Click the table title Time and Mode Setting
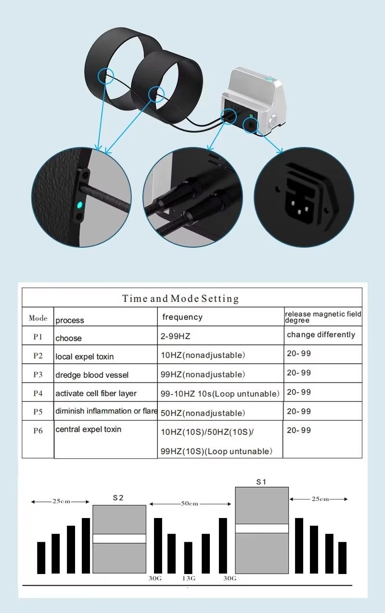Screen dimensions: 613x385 pos(180,298)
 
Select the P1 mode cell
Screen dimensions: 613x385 pos(38,337)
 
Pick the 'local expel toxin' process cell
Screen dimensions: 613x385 pos(85,357)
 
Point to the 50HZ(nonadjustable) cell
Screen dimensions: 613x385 pos(203,413)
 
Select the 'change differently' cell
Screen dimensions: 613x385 pos(321,334)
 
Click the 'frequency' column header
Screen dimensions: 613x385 pos(182,317)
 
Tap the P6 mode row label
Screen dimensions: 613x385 pos(38,430)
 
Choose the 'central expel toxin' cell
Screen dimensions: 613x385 pos(88,429)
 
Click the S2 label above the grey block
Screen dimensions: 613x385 pos(118,498)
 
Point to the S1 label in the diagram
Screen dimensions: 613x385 pos(261,481)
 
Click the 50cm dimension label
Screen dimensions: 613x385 pos(190,504)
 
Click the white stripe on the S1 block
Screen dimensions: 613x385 pos(262,528)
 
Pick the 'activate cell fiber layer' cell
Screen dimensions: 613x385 pos(96,394)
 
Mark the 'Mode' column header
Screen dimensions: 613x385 pos(38,318)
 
